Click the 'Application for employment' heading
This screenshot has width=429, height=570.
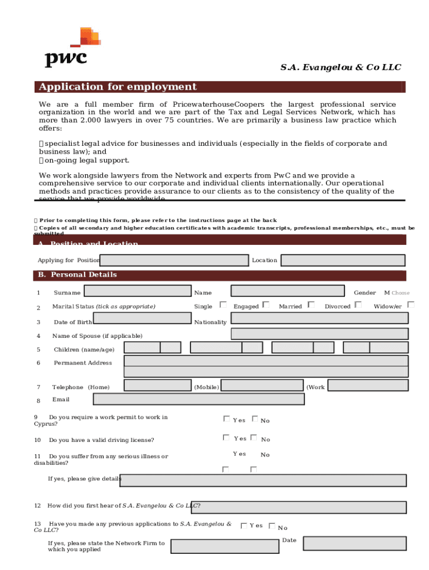tap(116, 87)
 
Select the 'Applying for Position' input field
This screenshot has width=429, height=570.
tap(174, 261)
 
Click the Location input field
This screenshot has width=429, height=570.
tap(343, 261)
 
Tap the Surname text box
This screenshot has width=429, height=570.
tap(137, 291)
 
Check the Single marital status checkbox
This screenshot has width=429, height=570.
tap(223, 305)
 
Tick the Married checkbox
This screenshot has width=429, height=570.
tap(311, 305)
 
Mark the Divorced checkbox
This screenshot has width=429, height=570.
tap(358, 305)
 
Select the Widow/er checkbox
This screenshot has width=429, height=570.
tap(411, 305)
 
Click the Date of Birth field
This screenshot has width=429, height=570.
tap(142, 318)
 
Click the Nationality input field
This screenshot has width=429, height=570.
tap(319, 318)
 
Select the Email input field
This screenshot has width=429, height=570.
tap(198, 399)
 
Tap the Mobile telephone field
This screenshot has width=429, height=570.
tap(261, 385)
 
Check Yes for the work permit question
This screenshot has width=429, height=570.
tap(226, 419)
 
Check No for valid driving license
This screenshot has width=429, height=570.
tap(253, 438)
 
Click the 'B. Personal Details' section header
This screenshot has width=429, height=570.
tap(78, 275)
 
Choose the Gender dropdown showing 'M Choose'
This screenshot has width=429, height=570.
tap(397, 293)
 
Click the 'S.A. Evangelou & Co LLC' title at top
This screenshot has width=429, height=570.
tap(340, 67)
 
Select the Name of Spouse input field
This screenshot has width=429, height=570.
tap(319, 333)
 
